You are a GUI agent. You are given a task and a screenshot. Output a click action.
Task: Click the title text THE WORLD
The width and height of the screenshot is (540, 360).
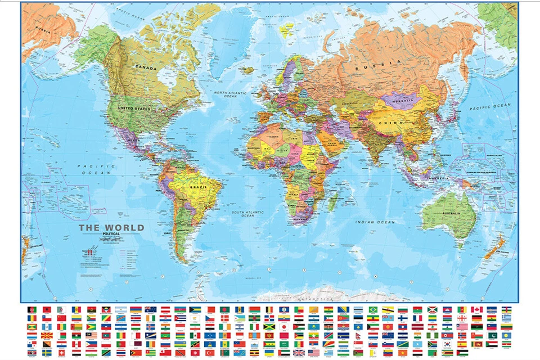point(111,228)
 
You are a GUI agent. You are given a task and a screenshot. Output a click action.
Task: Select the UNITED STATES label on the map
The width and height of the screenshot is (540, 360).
point(134,108)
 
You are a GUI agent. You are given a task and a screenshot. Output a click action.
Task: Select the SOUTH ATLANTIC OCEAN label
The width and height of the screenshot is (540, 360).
point(248,213)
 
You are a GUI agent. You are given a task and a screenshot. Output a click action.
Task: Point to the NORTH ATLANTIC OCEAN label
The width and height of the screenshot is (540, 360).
point(227,94)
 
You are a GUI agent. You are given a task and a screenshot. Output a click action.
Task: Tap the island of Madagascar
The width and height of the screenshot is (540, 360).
point(332,198)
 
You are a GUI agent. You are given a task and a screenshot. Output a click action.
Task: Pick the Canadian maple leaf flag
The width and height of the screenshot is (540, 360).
point(476,309)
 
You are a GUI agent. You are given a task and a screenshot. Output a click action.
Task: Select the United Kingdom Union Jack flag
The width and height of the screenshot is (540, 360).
point(299,353)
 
